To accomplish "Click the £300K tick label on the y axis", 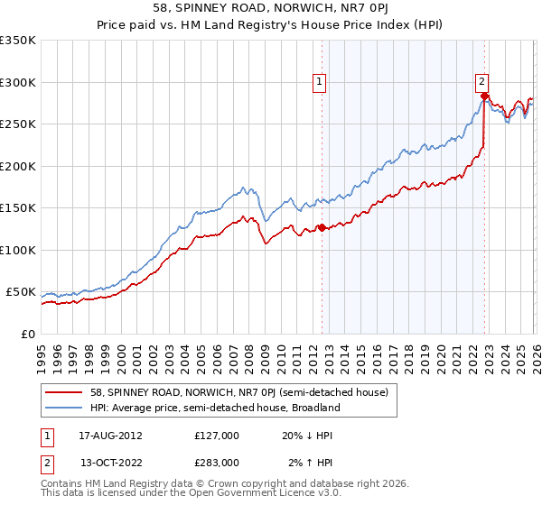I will click(18, 82).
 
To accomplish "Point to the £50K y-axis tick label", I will click(21, 292).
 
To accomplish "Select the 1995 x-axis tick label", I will click(42, 353).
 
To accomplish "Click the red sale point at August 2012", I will click(322, 227).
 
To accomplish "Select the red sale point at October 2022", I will click(484, 96).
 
